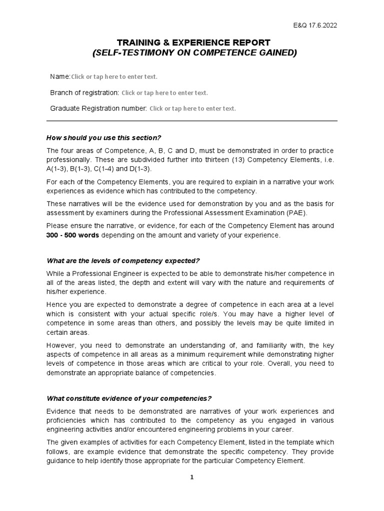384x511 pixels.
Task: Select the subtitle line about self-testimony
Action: tap(194, 53)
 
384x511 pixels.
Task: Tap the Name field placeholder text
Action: tap(114, 77)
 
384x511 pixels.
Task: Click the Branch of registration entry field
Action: tap(164, 93)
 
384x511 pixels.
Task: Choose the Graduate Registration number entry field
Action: tap(192, 109)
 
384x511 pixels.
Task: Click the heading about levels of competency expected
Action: tap(122, 260)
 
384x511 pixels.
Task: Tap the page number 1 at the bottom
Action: tap(191, 478)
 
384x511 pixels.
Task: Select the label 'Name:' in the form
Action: tap(60, 76)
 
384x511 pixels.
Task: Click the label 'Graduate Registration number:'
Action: tap(98, 108)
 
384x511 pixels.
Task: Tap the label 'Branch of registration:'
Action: tap(84, 92)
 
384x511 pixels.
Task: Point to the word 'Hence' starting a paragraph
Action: tap(57, 304)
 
